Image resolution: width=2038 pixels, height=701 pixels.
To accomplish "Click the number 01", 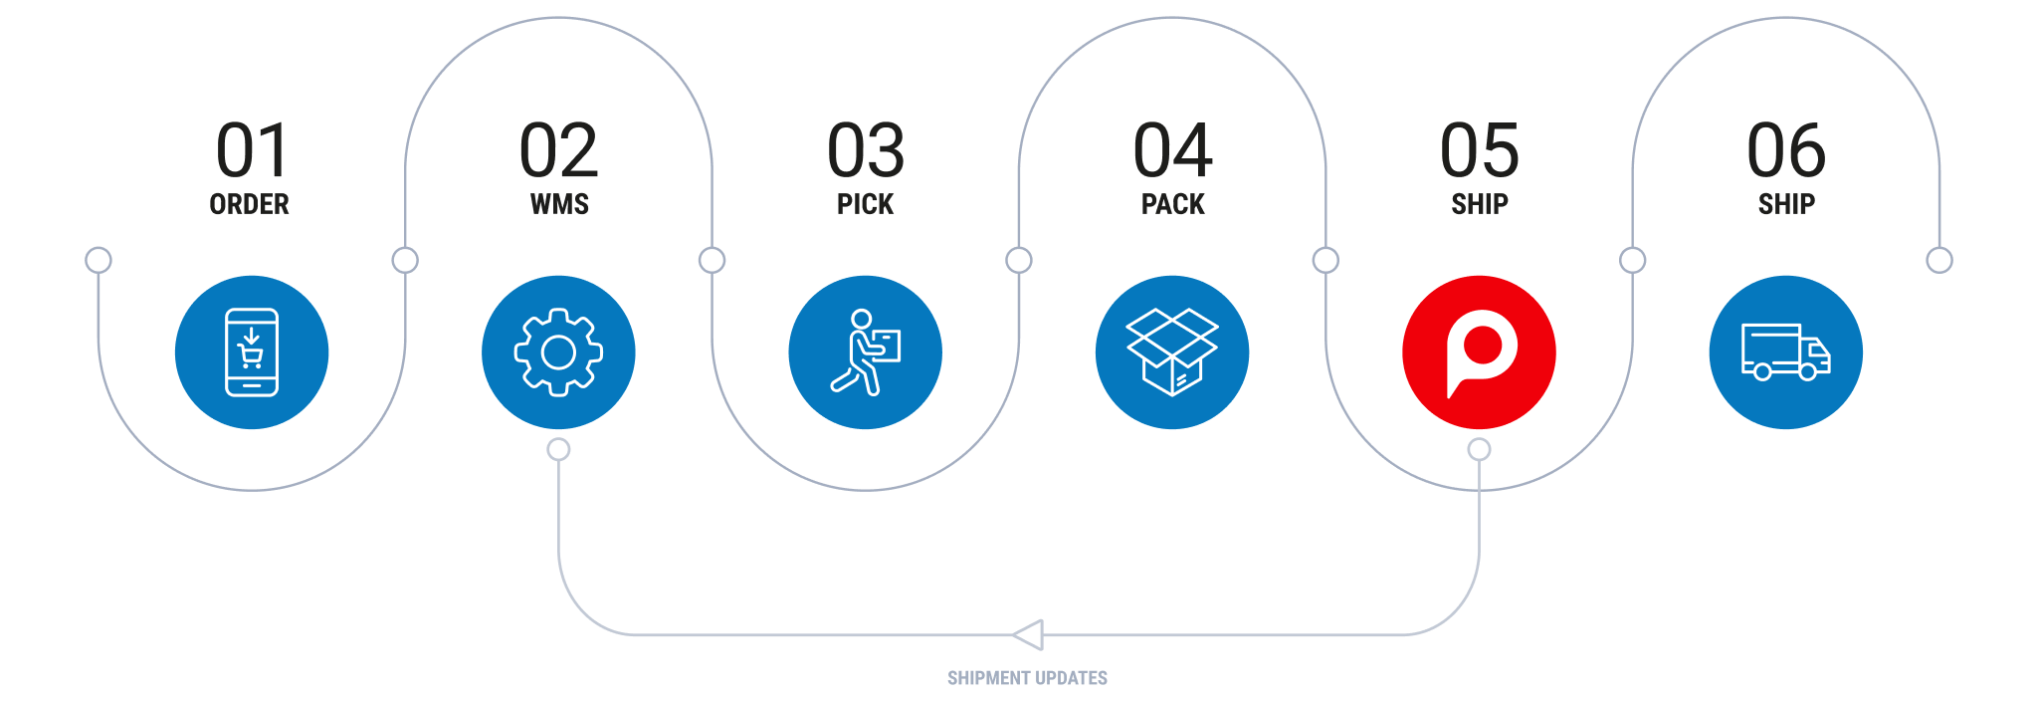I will point(252,150).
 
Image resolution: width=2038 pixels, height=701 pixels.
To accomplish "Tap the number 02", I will point(558,150).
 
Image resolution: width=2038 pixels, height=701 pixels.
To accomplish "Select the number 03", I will point(866,150).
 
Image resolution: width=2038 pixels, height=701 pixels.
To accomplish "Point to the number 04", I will point(1172,150).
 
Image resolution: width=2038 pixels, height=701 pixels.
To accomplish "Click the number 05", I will point(1480,150).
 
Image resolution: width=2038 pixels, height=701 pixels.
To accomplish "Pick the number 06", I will point(1786,150).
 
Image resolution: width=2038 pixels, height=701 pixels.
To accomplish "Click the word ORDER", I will point(250,204).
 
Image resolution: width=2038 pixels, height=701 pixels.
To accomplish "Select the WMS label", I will point(559,204).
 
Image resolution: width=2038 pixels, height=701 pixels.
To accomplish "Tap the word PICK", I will point(866,204).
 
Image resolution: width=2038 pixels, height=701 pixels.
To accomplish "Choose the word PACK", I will point(1173,204).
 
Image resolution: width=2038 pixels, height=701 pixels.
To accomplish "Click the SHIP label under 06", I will point(1786,204).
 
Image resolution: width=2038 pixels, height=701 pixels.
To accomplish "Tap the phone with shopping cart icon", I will point(252,352).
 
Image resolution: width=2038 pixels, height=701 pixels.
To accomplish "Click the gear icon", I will point(558,352).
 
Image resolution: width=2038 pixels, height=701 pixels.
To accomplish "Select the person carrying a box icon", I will point(866,352).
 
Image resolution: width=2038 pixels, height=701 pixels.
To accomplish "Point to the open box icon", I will point(1172,352).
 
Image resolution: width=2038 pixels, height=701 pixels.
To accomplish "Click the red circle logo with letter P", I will point(1479,352).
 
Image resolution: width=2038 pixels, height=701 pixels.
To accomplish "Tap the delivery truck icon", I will point(1786,352).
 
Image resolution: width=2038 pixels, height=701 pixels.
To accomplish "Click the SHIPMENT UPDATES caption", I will point(1027,678).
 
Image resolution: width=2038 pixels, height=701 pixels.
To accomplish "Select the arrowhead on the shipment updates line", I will point(1029,634).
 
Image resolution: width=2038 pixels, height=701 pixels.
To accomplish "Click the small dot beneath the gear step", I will point(559,450).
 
